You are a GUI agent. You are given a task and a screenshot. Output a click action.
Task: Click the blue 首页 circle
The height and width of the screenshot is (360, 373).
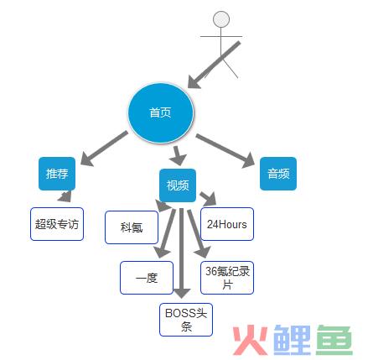[161, 113]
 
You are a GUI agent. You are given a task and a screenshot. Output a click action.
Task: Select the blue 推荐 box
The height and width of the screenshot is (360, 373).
[57, 174]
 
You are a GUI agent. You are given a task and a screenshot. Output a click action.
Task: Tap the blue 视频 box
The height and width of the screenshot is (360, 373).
[178, 185]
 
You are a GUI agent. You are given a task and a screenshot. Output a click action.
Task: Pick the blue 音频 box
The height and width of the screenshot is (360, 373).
[278, 174]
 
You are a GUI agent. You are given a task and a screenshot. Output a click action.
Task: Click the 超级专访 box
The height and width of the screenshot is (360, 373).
[57, 224]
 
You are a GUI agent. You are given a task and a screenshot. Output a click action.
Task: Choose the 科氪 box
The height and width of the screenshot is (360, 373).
[132, 227]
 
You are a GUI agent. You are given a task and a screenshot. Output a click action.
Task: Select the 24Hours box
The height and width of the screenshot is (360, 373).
[227, 224]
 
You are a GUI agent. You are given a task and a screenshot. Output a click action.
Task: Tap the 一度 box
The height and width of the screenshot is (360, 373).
[147, 278]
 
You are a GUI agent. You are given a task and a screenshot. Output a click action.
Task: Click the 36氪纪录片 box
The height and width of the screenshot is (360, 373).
[227, 278]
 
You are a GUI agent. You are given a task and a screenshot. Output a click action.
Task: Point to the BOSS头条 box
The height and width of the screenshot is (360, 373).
[186, 320]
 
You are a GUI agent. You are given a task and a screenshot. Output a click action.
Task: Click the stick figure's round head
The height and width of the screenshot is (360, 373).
[221, 19]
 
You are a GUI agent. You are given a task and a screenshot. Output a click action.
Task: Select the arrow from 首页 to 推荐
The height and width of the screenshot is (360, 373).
[104, 149]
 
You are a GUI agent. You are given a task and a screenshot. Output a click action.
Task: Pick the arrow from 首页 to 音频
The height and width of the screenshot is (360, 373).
[225, 151]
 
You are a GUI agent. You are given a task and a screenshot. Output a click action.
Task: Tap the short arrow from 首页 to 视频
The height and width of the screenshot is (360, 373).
[178, 155]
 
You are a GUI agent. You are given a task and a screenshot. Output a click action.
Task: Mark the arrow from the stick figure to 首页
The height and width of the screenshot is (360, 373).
[214, 65]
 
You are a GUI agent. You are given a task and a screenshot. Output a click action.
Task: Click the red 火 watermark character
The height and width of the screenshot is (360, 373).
[250, 340]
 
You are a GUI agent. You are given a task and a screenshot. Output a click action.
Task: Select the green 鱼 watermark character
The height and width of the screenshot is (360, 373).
[334, 340]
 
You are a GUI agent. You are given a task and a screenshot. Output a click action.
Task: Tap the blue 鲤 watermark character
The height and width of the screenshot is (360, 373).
[292, 340]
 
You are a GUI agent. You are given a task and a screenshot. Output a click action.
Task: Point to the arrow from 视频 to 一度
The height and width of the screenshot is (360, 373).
[166, 233]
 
